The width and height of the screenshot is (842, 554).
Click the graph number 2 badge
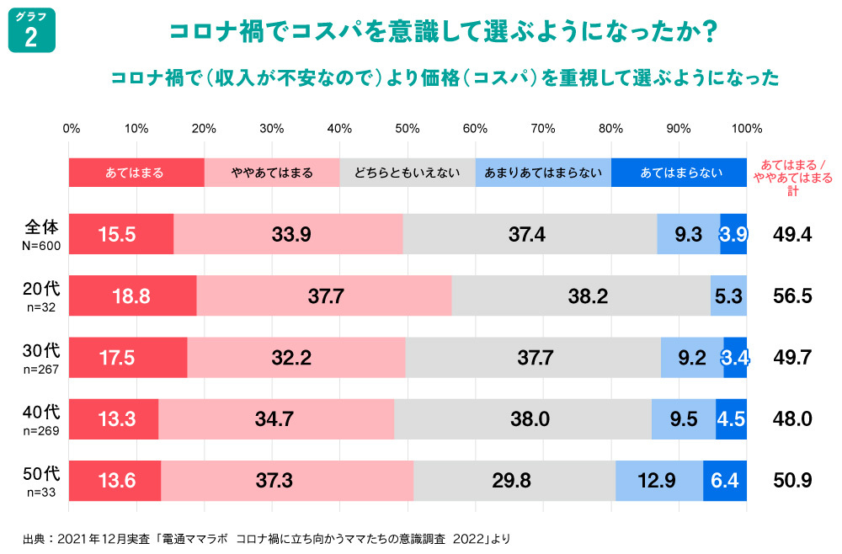pos(31,31)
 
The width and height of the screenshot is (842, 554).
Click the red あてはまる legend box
pos(136,173)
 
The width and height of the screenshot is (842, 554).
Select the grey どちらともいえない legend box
pos(407,173)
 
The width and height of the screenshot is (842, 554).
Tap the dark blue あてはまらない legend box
pos(679,173)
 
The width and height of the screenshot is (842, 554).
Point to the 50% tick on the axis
pos(408,129)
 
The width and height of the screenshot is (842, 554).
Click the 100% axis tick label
pos(747,129)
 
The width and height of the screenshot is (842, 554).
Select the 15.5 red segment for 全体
pos(120,234)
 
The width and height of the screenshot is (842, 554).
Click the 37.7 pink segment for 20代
pos(324,296)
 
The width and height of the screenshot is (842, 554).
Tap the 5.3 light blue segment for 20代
pos(728,296)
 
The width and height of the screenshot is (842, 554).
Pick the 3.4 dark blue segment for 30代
pos(735,357)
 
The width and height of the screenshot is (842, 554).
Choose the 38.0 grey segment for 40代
pos(523,419)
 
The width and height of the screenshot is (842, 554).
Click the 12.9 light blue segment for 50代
pos(659,481)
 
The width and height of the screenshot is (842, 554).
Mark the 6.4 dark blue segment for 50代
pos(725,481)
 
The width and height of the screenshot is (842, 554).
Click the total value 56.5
pos(792,296)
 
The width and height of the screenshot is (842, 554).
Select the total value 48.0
pos(792,419)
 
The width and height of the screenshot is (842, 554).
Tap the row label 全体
pos(41,227)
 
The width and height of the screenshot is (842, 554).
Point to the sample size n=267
pos(41,369)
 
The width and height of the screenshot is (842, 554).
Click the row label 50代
pos(41,474)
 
